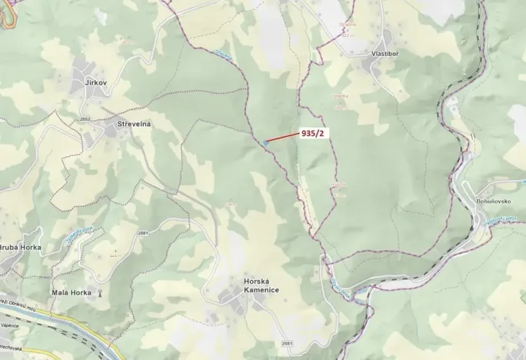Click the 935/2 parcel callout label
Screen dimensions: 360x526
pos(314,133)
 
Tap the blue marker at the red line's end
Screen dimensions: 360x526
pos(265,142)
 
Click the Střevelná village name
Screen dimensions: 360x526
pos(134,124)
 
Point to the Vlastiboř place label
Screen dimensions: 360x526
pos(384,55)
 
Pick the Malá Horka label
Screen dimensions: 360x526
pos(72,293)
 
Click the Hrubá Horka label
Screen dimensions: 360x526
pos(20,248)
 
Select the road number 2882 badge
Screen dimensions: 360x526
pos(85,119)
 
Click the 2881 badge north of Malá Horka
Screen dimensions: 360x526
pos(142,232)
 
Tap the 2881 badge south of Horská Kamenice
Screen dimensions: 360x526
pos(288,343)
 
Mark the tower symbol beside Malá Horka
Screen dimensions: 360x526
pos(99,293)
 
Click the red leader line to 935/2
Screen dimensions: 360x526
pos(283,138)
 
